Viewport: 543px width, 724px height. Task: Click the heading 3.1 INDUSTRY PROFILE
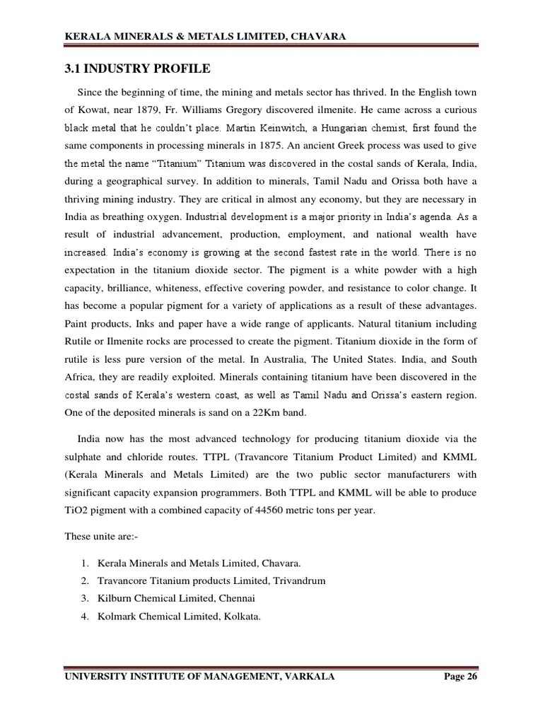137,69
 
